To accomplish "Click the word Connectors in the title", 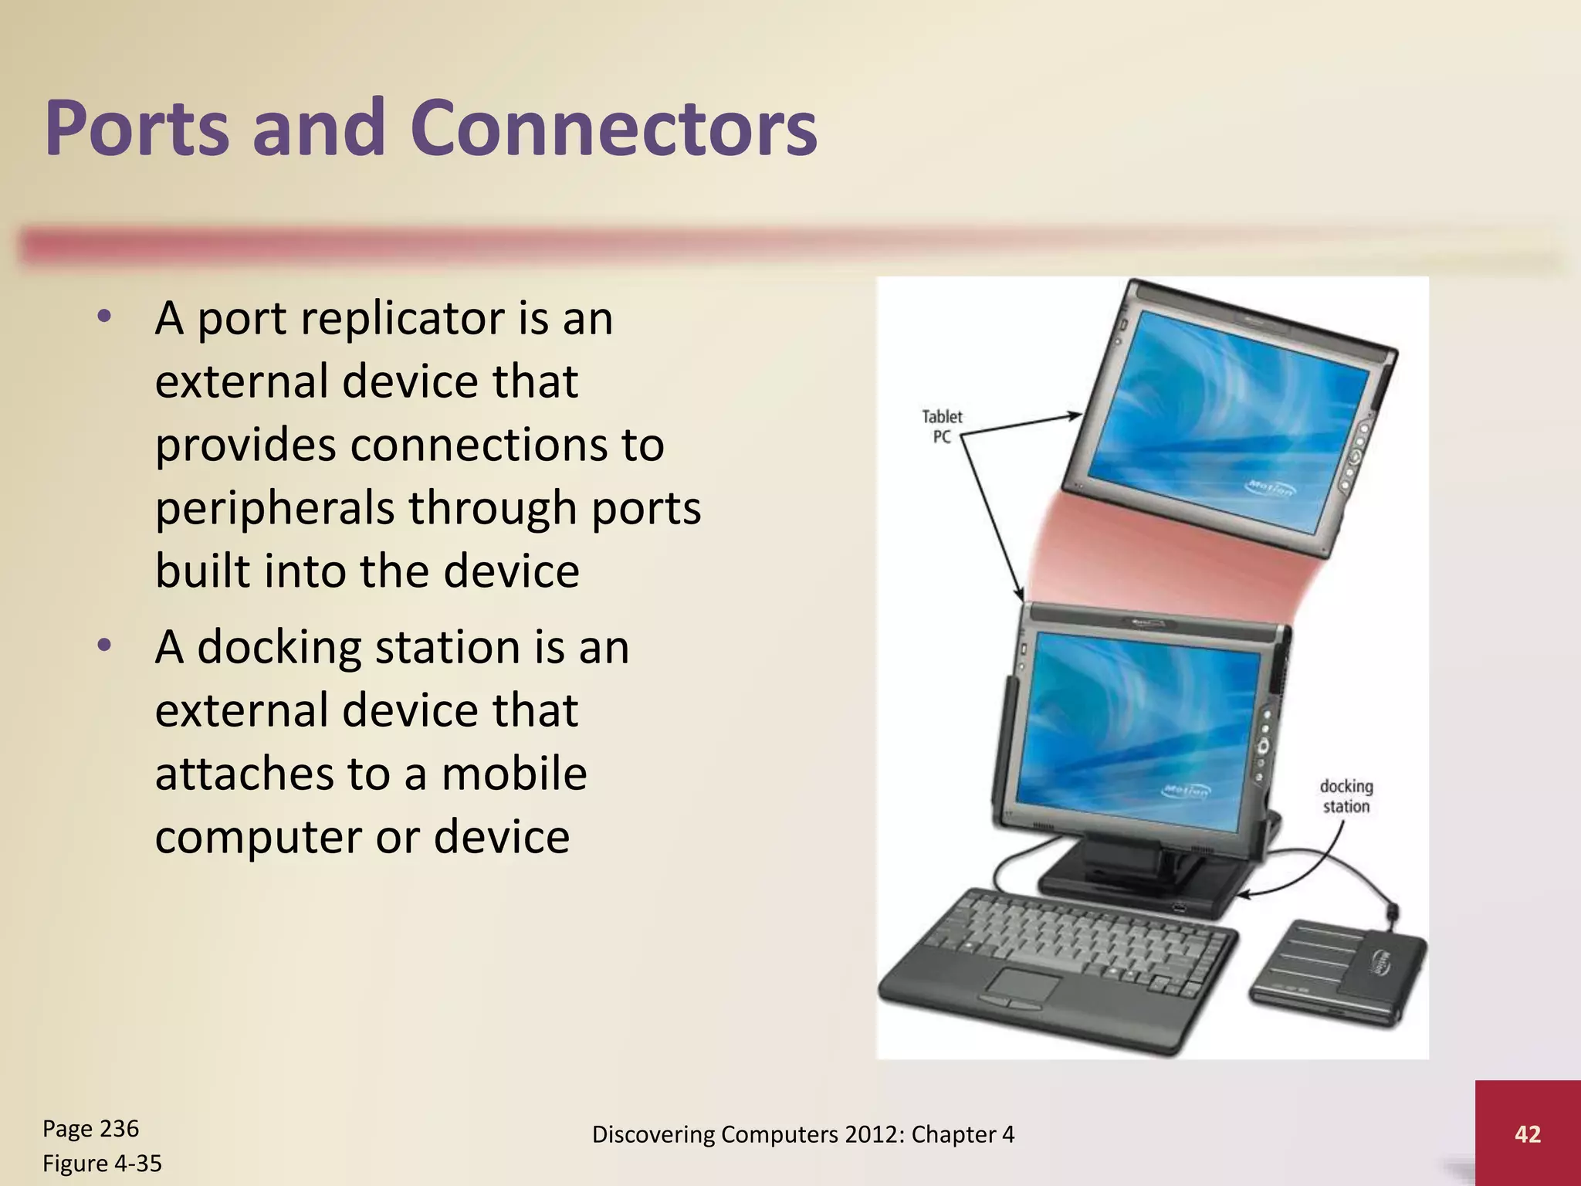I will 614,129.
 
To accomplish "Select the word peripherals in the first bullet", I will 274,509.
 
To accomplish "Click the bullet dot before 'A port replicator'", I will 105,316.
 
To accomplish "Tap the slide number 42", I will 1527,1133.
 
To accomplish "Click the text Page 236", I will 90,1128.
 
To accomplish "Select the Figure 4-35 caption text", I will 102,1163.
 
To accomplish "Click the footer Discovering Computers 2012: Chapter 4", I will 803,1134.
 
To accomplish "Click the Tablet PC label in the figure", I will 942,426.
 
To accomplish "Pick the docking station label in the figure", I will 1346,796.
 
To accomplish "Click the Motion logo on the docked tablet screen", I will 1187,790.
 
